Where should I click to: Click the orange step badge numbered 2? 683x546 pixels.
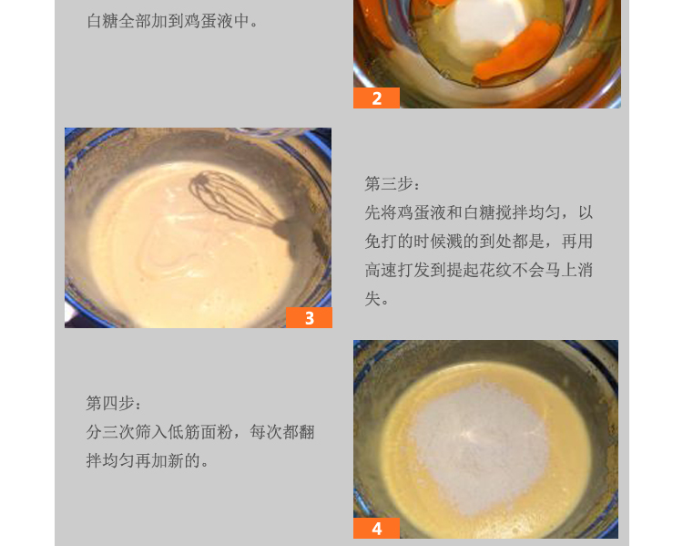coord(376,98)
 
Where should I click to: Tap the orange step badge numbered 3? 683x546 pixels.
coord(309,317)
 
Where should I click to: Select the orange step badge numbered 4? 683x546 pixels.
coord(376,528)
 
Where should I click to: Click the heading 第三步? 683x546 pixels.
coord(392,183)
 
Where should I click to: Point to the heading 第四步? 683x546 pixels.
coord(113,404)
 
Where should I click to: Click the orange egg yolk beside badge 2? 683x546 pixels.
coord(516,52)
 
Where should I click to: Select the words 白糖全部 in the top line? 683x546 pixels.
coord(119,21)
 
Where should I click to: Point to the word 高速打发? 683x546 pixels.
coord(397,271)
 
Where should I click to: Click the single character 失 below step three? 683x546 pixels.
coord(372,299)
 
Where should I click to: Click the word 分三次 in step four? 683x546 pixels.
coord(110,432)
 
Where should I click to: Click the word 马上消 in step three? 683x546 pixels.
coord(568,271)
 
